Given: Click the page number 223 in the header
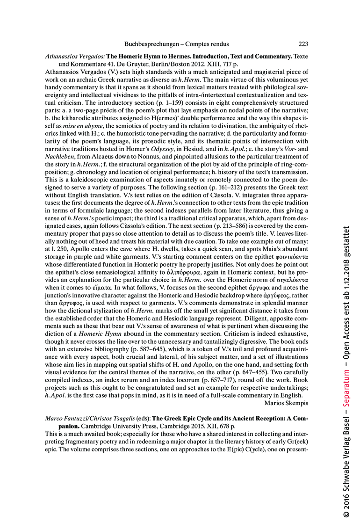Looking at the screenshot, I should pos(303,44).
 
